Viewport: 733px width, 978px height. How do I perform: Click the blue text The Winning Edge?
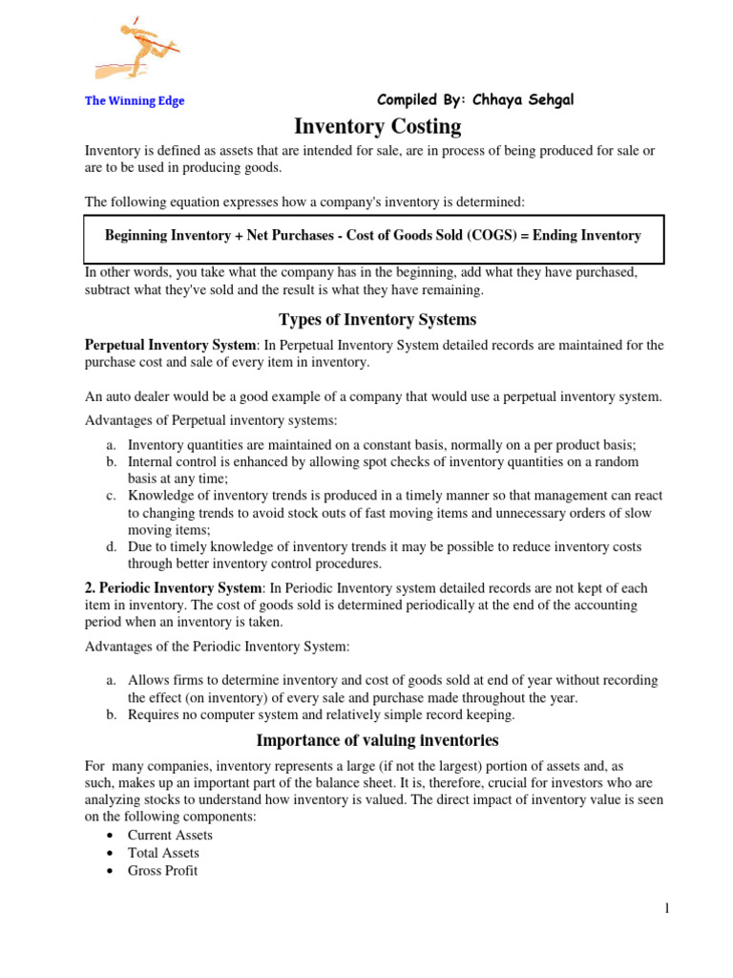[x=135, y=101]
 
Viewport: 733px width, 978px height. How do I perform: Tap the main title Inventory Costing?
[x=377, y=127]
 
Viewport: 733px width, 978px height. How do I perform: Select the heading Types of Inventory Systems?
[x=377, y=319]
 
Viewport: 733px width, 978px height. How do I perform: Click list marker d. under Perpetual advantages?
[x=111, y=547]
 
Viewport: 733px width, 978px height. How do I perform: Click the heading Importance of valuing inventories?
[x=377, y=740]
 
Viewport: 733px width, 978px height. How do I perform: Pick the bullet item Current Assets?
[x=170, y=835]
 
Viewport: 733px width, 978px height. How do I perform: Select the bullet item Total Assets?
[x=163, y=853]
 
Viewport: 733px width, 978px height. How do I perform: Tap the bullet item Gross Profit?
[x=162, y=871]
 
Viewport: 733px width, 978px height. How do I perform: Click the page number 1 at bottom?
[x=667, y=909]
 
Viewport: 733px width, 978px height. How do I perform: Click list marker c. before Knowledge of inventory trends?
[x=111, y=496]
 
